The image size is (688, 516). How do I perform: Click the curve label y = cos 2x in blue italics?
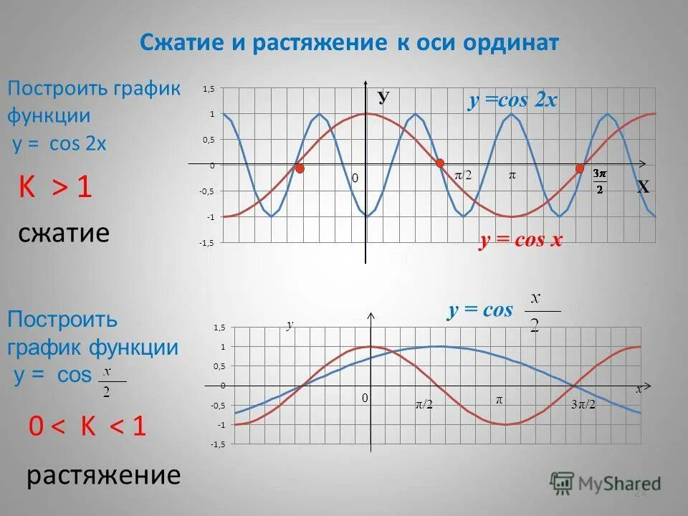click(x=512, y=100)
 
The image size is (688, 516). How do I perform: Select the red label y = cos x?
click(x=521, y=241)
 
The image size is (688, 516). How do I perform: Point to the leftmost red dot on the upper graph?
click(x=300, y=168)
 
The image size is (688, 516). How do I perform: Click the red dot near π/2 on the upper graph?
click(x=440, y=163)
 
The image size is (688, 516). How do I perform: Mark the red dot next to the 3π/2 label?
click(x=580, y=168)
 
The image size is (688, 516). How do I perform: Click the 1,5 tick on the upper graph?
click(x=209, y=88)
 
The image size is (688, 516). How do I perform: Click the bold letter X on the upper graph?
click(x=643, y=188)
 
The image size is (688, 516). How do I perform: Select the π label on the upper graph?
click(x=512, y=175)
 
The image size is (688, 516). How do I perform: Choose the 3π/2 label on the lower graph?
click(x=583, y=405)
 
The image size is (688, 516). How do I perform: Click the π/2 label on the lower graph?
click(x=424, y=405)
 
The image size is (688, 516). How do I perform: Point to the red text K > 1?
click(x=55, y=188)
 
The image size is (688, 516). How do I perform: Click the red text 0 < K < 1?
click(x=87, y=427)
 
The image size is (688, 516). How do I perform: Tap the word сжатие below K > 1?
click(x=64, y=233)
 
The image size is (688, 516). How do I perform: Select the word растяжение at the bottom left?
click(x=103, y=475)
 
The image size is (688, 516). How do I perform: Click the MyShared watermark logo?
click(x=606, y=482)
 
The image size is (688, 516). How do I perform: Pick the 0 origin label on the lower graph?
click(x=363, y=397)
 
